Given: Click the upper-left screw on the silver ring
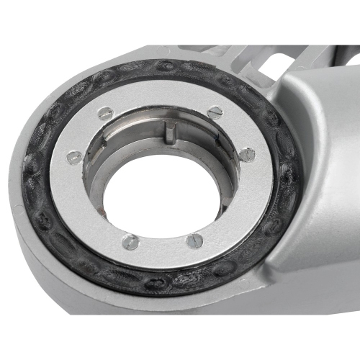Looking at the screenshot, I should pos(106,112).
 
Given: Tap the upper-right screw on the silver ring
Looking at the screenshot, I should pos(214,111).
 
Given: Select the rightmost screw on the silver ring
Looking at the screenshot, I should pos(246,153).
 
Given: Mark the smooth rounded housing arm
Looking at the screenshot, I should pos(317,144).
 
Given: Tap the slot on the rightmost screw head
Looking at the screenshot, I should pos(246,153).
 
